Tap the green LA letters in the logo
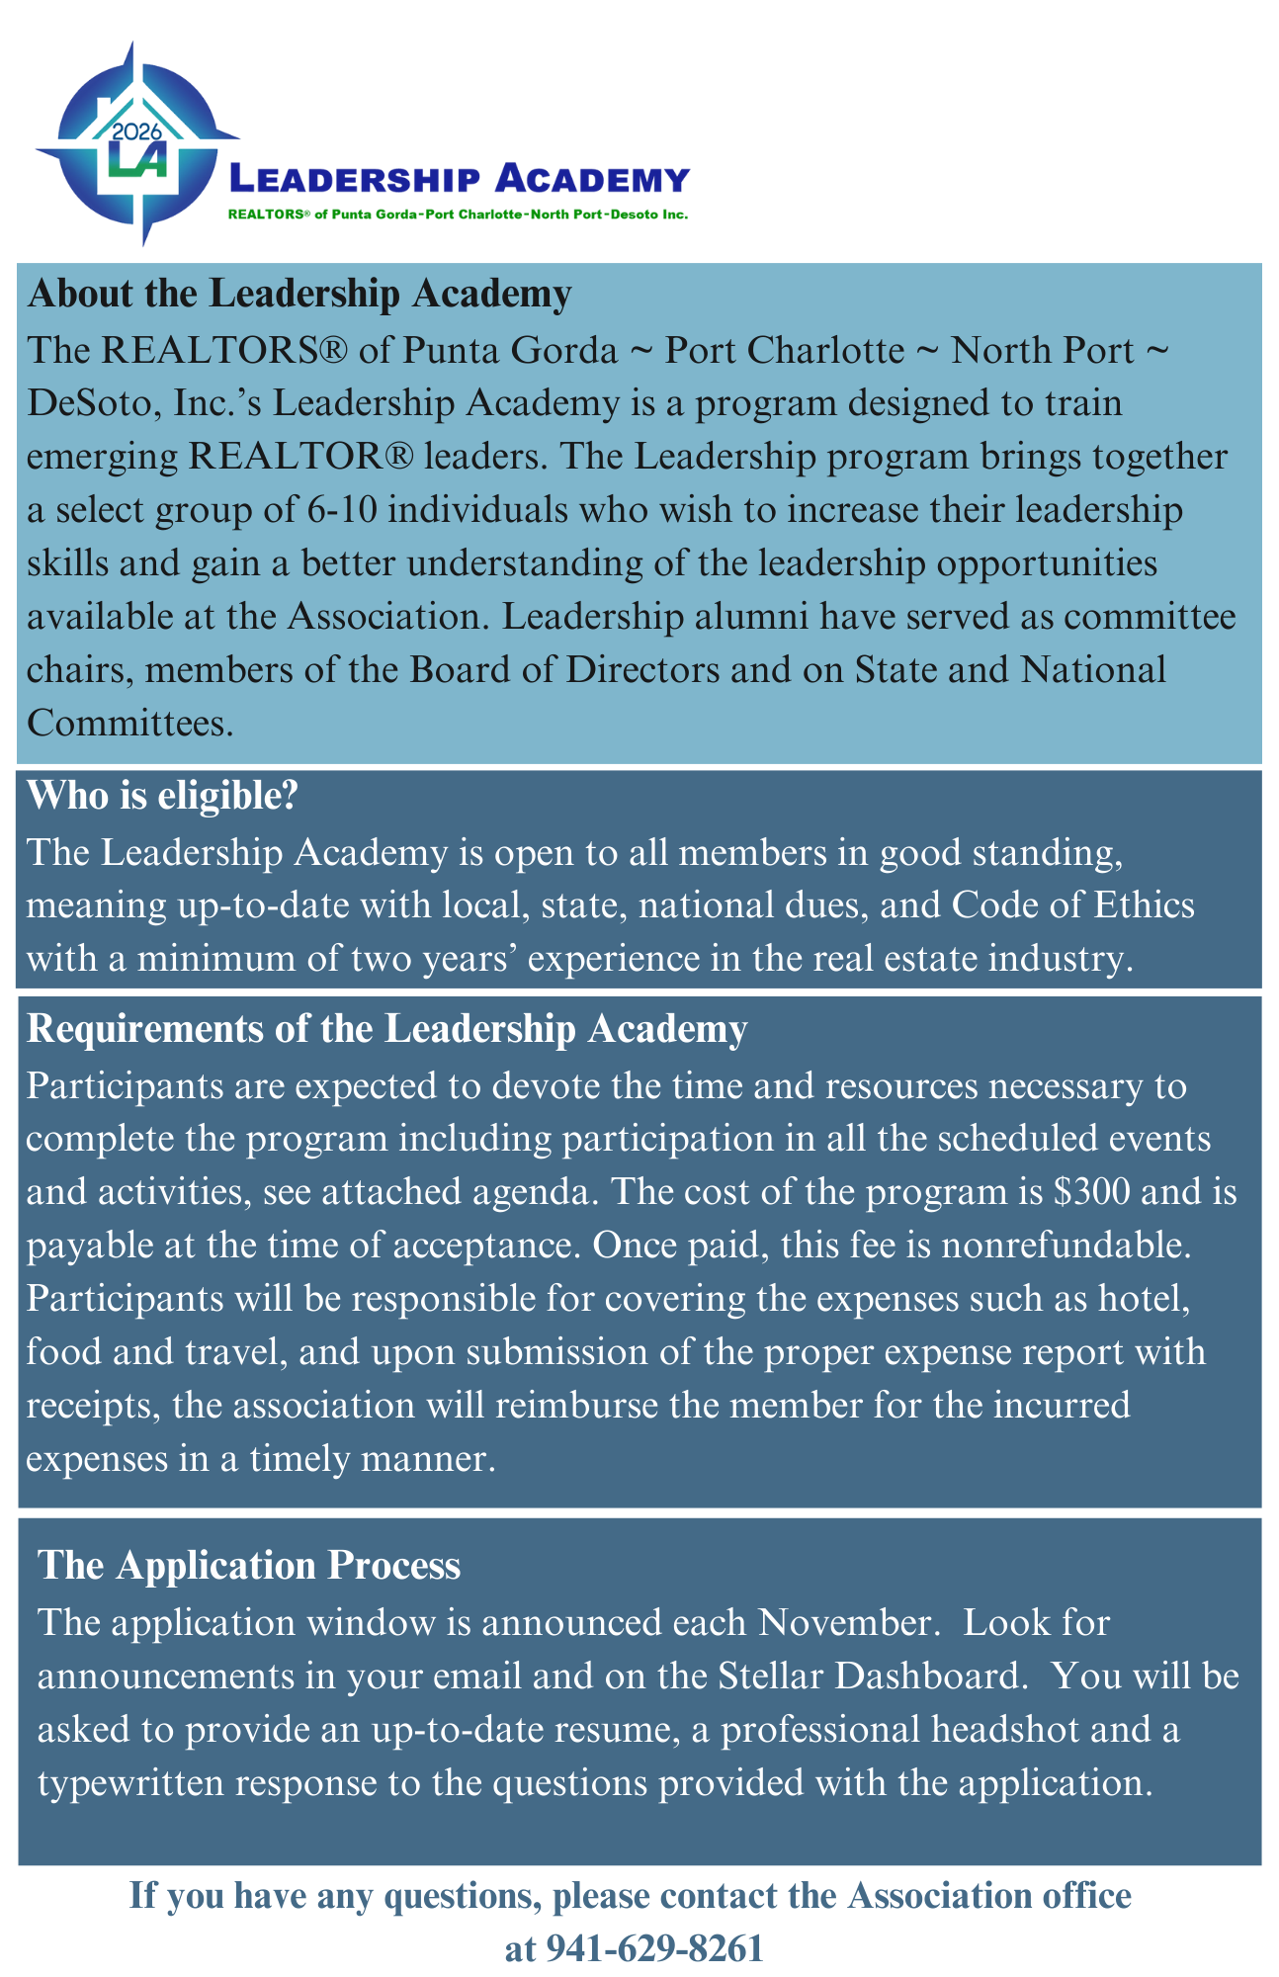click(x=137, y=160)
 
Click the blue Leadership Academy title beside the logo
click(x=459, y=180)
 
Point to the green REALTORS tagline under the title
click(x=458, y=214)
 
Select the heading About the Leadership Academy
click(x=299, y=294)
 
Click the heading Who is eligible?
click(x=162, y=796)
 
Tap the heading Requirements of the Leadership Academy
click(x=386, y=1029)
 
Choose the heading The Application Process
click(x=249, y=1566)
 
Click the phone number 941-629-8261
click(x=635, y=1947)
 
